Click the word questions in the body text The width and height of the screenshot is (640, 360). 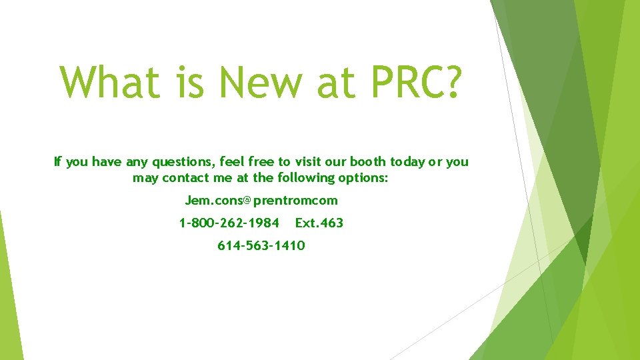pos(181,162)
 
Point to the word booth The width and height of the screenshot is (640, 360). pos(367,161)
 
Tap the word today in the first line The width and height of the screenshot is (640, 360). pos(408,162)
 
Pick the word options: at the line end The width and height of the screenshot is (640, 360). pos(365,178)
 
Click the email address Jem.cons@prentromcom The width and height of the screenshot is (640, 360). pos(261,201)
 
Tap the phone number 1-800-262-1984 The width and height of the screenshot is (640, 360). pos(229,223)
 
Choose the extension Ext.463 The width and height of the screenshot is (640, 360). pos(319,223)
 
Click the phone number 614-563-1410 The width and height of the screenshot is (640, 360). pos(261,246)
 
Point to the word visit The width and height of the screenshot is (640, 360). pos(309,161)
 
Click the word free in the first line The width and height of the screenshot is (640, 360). pos(262,161)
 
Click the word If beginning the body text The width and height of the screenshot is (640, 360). pos(57,161)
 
